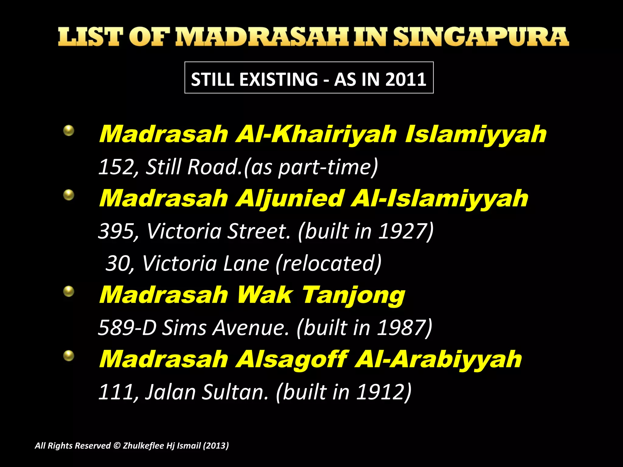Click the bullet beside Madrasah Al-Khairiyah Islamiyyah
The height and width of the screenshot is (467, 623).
coord(69,131)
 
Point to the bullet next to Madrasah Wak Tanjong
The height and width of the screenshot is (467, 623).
coord(69,291)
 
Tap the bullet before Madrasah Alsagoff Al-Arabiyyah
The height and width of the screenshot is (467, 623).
coord(69,355)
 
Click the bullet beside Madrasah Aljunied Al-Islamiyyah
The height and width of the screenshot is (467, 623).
coord(69,195)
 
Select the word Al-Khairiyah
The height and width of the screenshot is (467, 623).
coord(316,134)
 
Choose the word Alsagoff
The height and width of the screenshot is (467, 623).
coord(292,359)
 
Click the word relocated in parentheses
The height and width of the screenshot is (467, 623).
coord(329,263)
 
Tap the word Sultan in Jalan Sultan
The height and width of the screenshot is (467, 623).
coord(235,392)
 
